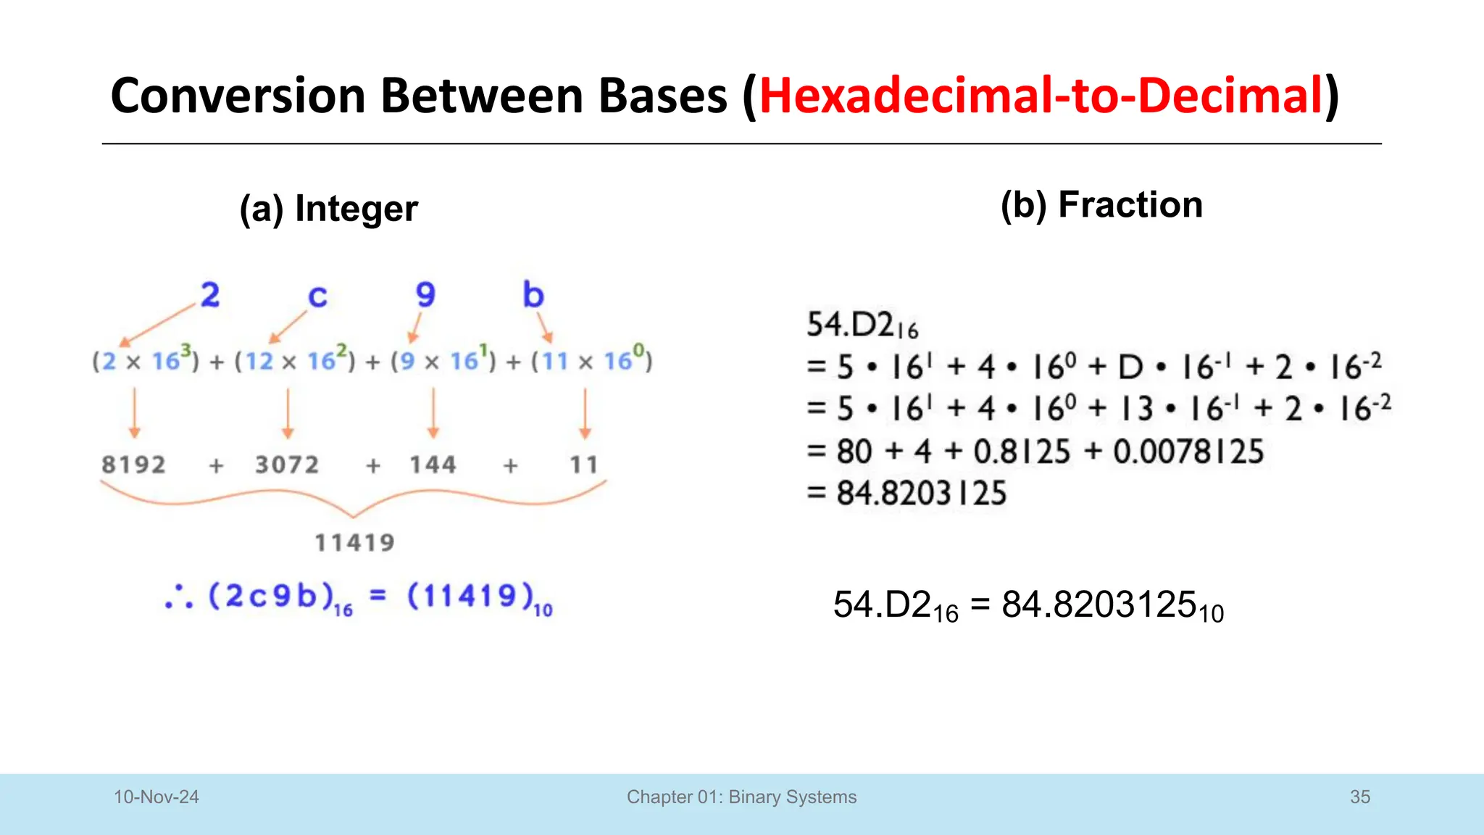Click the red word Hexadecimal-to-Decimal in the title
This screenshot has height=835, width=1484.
[x=1041, y=96]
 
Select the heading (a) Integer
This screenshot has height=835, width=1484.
[x=328, y=209]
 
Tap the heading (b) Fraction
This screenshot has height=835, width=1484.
[x=1101, y=205]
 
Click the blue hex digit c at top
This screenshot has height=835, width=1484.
[x=317, y=296]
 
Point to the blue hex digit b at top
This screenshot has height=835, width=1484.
[x=533, y=295]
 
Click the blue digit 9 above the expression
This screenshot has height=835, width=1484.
[x=425, y=295]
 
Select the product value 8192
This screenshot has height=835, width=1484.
[x=133, y=465]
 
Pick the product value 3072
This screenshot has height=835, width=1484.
[x=287, y=465]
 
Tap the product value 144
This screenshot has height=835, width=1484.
[x=433, y=465]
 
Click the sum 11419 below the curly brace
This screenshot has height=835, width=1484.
[x=354, y=543]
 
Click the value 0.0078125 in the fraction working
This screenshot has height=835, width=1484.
[x=1188, y=452]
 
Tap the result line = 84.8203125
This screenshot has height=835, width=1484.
[x=907, y=494]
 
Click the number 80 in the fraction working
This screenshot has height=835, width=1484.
[x=854, y=452]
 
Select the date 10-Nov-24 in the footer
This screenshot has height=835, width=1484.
[x=156, y=797]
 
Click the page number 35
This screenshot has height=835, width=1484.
[x=1359, y=797]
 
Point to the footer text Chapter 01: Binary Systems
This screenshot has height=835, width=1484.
[x=741, y=797]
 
